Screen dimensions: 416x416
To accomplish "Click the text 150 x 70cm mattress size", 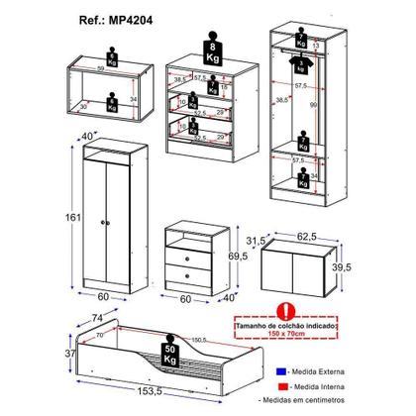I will (285, 334).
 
